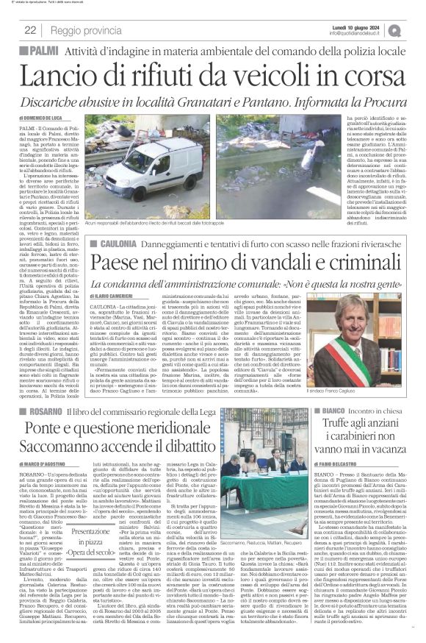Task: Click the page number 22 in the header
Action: click(31, 30)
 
